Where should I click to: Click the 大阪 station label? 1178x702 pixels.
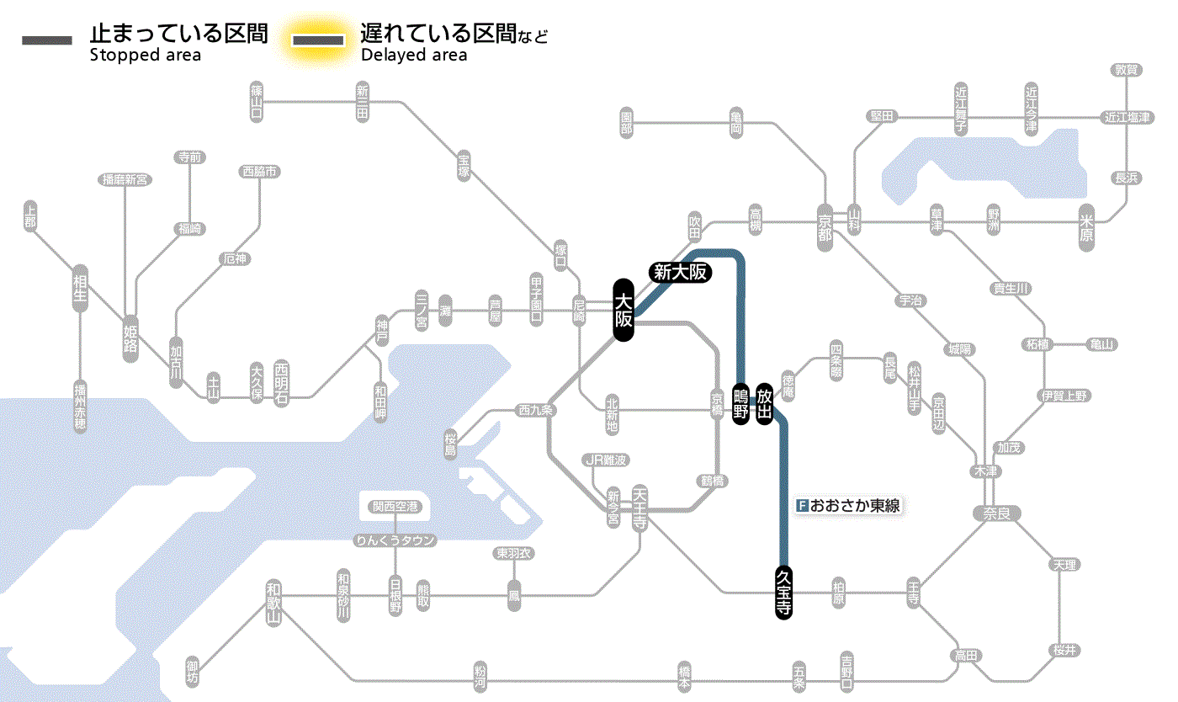[623, 310]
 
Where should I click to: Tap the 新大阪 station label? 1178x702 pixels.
[681, 272]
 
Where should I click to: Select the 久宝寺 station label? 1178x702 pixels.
[783, 593]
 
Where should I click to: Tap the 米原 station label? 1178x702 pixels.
[1087, 228]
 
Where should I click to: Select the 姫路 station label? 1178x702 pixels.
[130, 338]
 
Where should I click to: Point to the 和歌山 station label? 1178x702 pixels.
[273, 601]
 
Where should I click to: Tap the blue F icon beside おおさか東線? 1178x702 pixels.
[802, 506]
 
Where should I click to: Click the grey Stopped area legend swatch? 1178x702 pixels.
[46, 40]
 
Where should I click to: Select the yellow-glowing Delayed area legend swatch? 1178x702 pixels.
[317, 40]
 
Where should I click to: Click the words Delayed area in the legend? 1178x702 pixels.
[414, 56]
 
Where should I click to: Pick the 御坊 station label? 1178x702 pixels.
[194, 673]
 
